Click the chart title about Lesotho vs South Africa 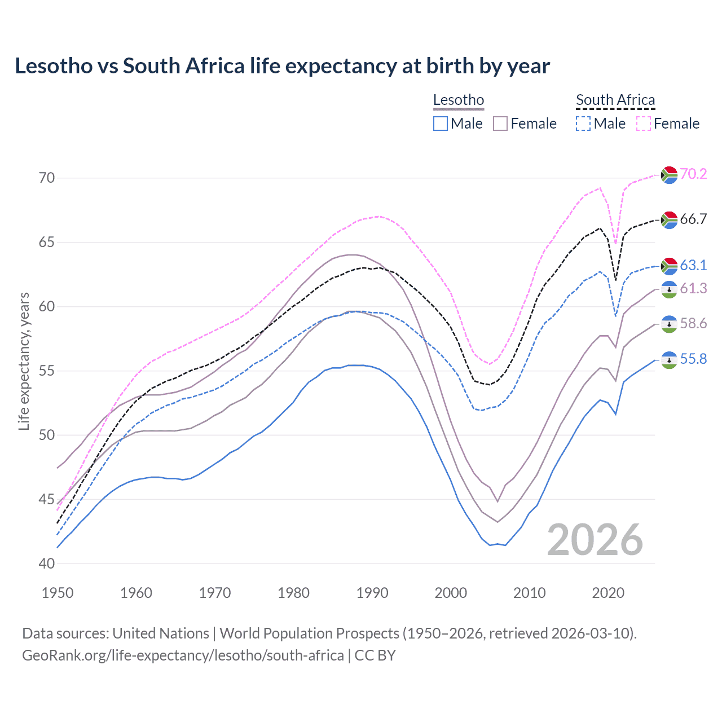point(282,66)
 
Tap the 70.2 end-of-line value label point(693,174)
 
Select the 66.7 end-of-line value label point(693,219)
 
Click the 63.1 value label point(693,265)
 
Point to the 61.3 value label point(693,289)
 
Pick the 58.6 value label point(693,324)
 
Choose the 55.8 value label point(693,359)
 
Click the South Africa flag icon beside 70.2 point(669,175)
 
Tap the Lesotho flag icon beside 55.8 point(669,360)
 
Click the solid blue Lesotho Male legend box point(441,124)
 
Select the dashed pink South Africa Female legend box point(644,124)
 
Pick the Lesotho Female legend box point(501,124)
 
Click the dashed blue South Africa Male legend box point(583,124)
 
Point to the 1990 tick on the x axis point(372,593)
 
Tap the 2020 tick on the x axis point(608,593)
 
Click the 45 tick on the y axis point(47,500)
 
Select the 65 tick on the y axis point(47,243)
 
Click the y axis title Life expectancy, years point(24,361)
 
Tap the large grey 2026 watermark point(595,540)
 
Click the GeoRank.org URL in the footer point(183,655)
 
